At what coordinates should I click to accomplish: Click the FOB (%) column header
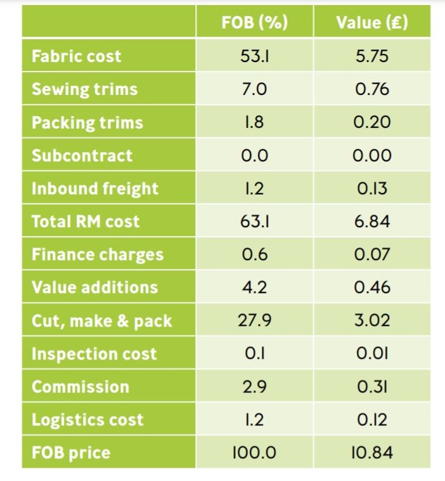point(254,23)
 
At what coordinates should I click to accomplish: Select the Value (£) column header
point(372,23)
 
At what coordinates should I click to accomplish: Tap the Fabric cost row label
point(76,56)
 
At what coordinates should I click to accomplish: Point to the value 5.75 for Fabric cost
point(372,56)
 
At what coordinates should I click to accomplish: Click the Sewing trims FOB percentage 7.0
point(254,89)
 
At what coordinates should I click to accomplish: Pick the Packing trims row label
point(87,123)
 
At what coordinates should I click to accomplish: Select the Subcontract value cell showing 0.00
point(372,156)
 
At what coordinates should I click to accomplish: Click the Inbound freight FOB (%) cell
point(254,189)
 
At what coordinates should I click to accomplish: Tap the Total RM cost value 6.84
point(372,222)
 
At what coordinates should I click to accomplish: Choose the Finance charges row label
point(98,254)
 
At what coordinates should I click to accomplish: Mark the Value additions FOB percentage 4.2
point(254,287)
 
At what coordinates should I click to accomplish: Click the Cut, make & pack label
point(101,321)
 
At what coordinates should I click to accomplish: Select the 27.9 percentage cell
point(254,321)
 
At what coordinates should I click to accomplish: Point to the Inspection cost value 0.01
point(372,354)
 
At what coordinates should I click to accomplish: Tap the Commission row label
point(81,387)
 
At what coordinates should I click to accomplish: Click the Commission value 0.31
point(372,387)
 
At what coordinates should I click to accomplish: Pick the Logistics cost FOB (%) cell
point(254,420)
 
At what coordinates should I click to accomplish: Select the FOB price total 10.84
point(372,453)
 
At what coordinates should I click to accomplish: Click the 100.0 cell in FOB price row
point(254,453)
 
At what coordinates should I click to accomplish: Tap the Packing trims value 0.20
point(372,123)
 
